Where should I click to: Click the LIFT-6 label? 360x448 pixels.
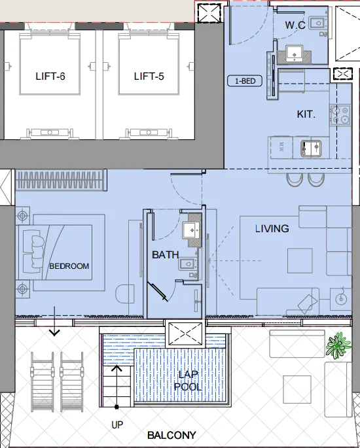(x=50, y=77)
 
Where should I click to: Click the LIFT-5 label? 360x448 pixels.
(x=149, y=77)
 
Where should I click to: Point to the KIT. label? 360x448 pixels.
(x=306, y=114)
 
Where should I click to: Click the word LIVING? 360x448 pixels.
(x=272, y=228)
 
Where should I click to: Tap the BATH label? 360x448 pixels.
(x=165, y=254)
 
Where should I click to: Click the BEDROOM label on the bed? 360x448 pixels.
(x=69, y=266)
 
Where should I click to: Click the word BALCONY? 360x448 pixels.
(x=171, y=435)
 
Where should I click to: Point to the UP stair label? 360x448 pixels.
(x=117, y=424)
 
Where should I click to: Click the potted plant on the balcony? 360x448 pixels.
(x=338, y=345)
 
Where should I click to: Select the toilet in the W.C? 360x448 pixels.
(x=317, y=23)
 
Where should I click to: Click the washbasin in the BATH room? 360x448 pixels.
(x=192, y=230)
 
